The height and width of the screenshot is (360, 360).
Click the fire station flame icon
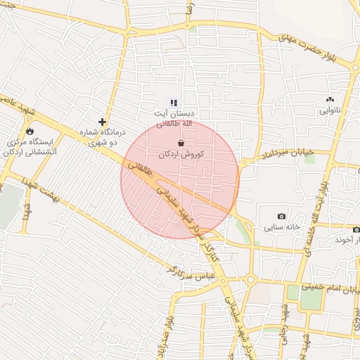coord(30,131)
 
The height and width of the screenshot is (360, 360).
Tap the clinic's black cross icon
coord(103,122)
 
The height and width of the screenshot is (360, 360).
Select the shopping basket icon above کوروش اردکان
coord(181,143)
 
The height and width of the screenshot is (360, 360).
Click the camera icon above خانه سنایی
coord(282,217)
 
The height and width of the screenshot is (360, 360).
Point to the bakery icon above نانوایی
coord(330,100)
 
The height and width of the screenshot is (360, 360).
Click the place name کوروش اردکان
coord(181,154)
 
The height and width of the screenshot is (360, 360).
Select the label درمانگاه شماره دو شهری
coord(103,137)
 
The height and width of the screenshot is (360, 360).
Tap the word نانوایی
coord(330,111)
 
